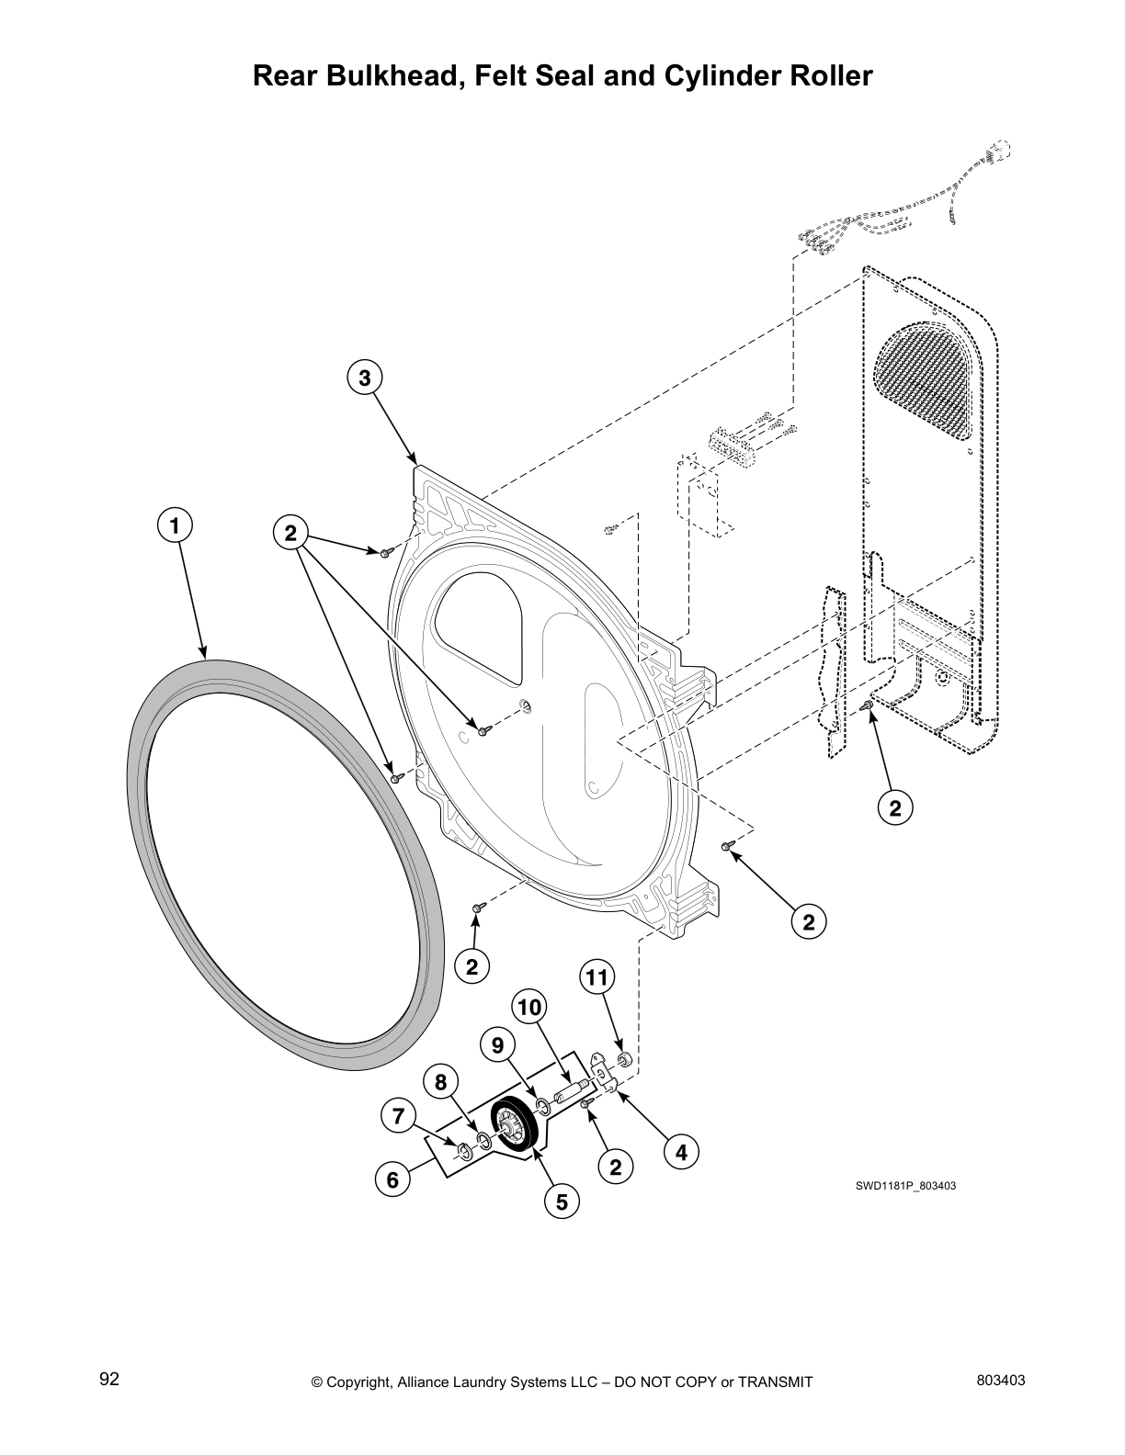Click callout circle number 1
[x=175, y=526]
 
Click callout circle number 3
[x=364, y=378]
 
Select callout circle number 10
[x=529, y=1008]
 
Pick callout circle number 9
[x=497, y=1045]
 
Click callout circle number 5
[x=562, y=1201]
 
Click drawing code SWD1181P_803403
[x=905, y=1186]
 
